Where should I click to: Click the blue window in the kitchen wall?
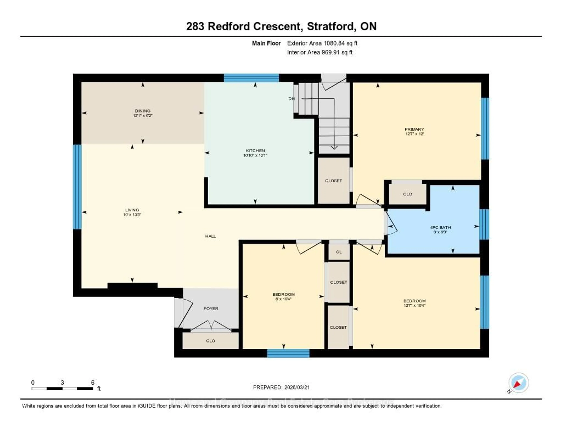[x=251, y=78]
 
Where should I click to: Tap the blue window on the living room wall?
[x=77, y=187]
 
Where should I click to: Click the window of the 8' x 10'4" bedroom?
[x=288, y=353]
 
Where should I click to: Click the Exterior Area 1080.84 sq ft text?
[x=322, y=43]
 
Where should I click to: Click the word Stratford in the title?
[x=332, y=26]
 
